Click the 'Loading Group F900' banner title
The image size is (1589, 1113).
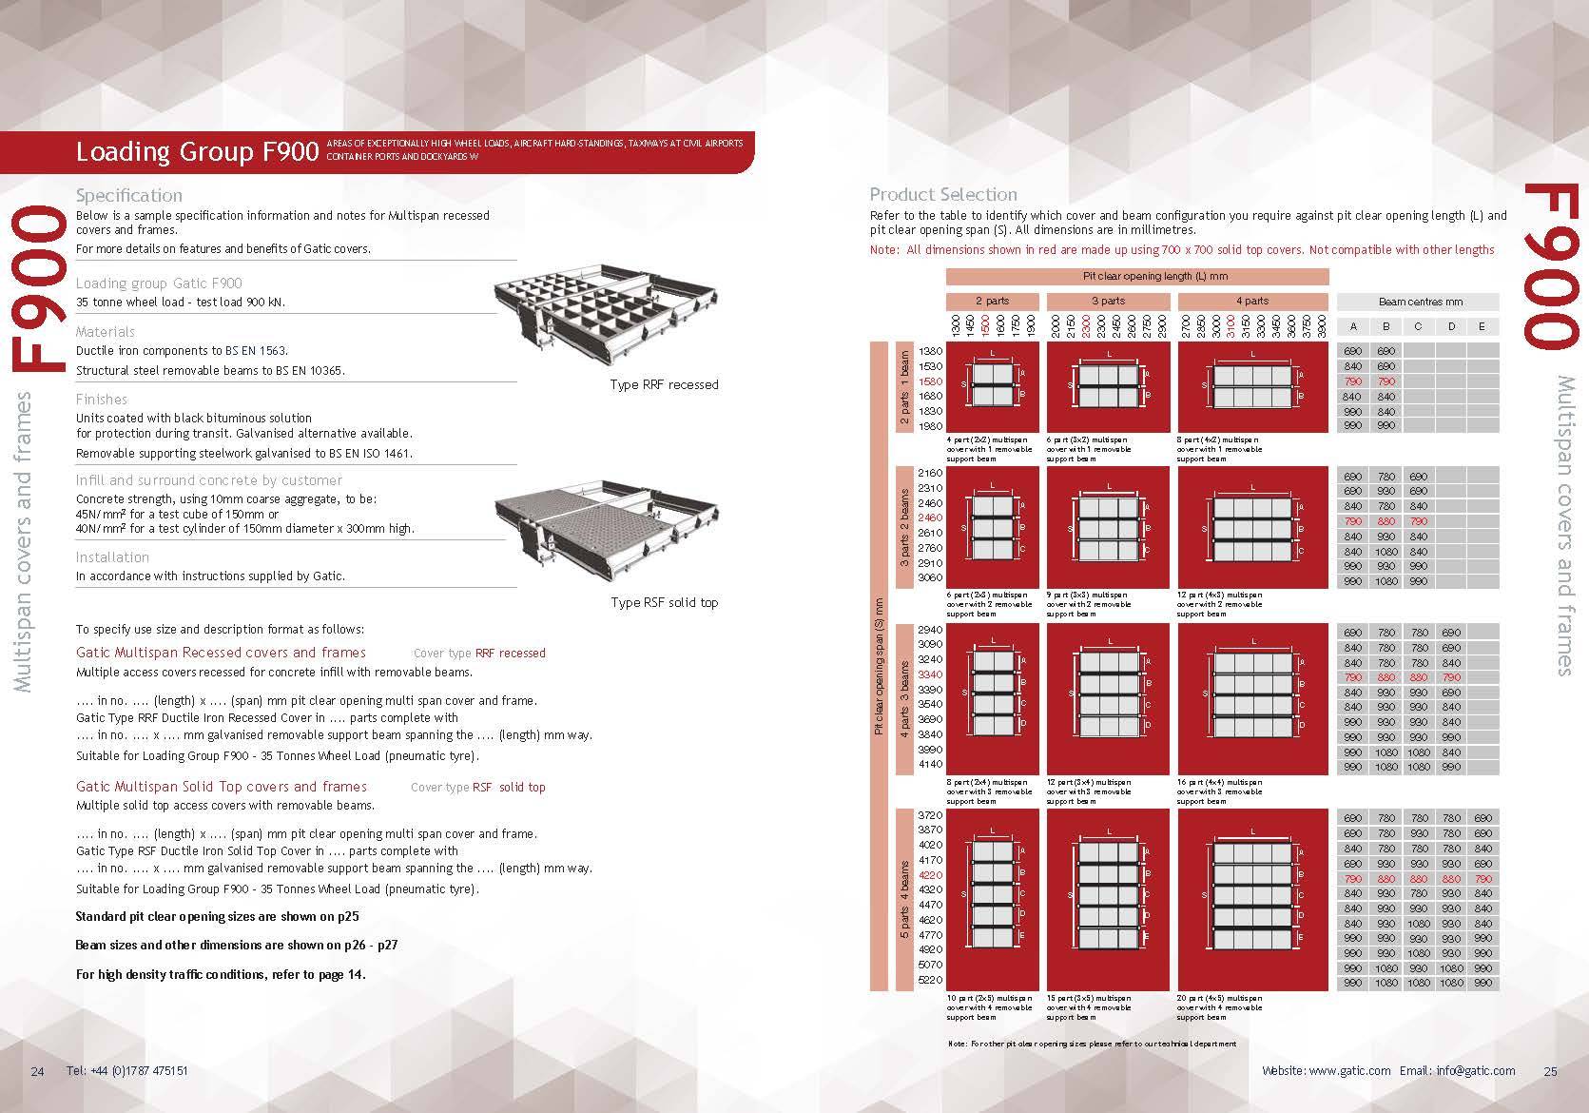[197, 152]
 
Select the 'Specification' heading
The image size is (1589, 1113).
[129, 195]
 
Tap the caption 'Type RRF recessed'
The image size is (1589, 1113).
[664, 384]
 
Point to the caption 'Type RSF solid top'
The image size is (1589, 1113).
[664, 602]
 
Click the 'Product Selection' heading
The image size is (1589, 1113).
[943, 194]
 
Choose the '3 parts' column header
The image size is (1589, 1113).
[1108, 301]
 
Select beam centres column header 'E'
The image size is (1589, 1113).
[1482, 326]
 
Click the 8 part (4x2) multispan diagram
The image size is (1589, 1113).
[1252, 386]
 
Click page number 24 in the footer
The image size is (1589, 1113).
[38, 1071]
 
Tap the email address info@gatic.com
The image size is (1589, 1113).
[1476, 1070]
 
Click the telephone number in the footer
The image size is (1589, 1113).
[127, 1071]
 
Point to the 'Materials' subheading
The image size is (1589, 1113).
[106, 332]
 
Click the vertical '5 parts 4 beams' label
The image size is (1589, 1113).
[904, 900]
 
